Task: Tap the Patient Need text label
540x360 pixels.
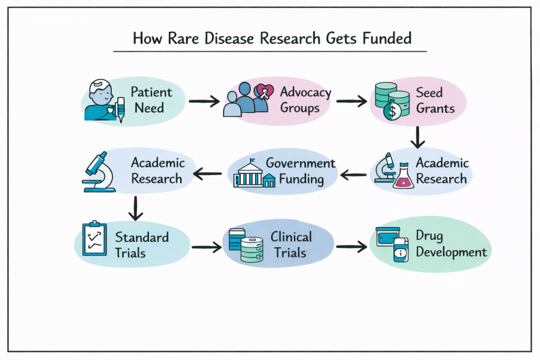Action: tap(151, 100)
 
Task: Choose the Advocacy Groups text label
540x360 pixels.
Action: tap(305, 100)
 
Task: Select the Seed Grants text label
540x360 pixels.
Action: tap(435, 100)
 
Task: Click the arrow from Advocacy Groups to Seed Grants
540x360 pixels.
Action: tap(352, 100)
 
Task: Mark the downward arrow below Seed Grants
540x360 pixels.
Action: tap(418, 137)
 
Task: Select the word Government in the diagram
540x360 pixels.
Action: tap(300, 163)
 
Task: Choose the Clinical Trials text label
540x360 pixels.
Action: tap(291, 245)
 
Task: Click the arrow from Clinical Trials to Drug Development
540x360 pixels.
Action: tap(351, 246)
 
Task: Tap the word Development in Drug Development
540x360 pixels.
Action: tap(451, 252)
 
